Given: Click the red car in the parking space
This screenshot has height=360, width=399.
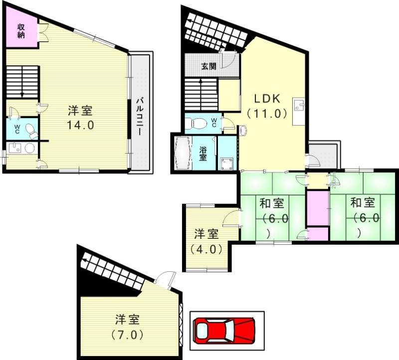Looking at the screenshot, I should click(224, 330).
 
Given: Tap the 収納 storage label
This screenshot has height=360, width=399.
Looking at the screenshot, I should click(21, 31).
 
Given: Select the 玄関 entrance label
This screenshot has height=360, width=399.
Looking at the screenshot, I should click(208, 65).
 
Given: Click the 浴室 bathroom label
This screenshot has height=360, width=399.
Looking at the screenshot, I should click(203, 154).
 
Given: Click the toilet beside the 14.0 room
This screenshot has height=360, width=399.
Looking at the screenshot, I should click(30, 131).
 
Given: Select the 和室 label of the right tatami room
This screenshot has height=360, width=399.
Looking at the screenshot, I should click(362, 203).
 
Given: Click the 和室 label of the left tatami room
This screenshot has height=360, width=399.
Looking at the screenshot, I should click(272, 203).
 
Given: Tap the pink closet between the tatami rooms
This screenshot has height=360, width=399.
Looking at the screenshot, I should click(317, 207).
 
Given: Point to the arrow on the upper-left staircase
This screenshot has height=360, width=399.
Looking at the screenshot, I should click(22, 93).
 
